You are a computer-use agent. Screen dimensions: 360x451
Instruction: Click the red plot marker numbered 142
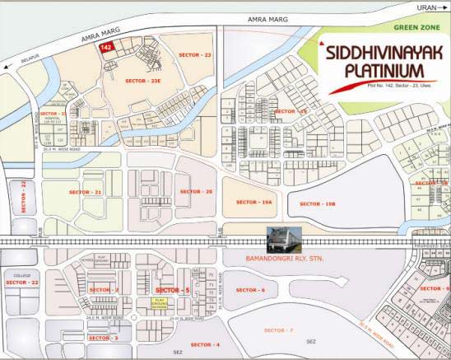(x=105, y=49)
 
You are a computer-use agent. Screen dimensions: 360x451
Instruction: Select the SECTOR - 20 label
(x=196, y=191)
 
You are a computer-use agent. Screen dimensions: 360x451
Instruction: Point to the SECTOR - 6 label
(x=250, y=290)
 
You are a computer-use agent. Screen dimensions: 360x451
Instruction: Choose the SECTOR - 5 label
(x=173, y=291)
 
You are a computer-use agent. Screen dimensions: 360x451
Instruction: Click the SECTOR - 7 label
(x=278, y=330)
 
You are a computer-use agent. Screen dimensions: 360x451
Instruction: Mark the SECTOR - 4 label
(x=205, y=344)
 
